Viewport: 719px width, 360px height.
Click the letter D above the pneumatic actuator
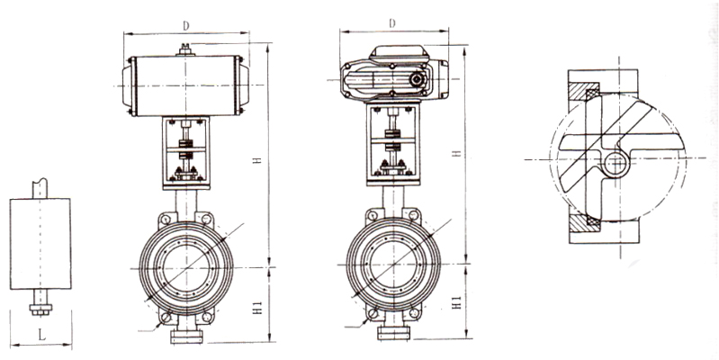[x=184, y=26]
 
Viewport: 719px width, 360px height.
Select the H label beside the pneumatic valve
[x=256, y=159]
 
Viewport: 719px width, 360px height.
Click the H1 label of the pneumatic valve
[x=258, y=306]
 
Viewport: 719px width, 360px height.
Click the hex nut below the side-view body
[x=39, y=311]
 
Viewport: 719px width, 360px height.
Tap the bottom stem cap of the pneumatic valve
[x=184, y=337]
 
